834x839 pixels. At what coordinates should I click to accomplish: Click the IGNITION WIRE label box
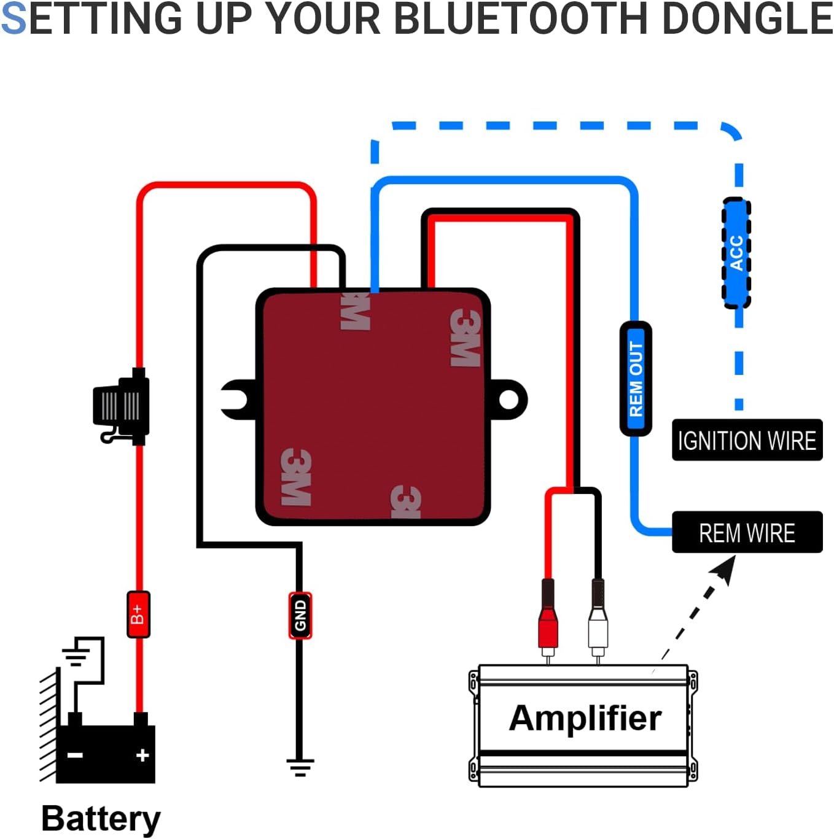(x=747, y=440)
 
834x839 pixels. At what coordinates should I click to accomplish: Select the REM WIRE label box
(x=747, y=532)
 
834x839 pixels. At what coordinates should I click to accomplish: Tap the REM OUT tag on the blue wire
(x=636, y=379)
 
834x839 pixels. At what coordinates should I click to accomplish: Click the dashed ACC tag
(x=736, y=253)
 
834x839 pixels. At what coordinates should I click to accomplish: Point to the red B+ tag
(x=138, y=614)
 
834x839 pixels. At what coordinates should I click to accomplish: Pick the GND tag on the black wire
(x=300, y=616)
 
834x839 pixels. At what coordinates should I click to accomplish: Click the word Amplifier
(x=585, y=717)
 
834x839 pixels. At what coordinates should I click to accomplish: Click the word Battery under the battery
(x=101, y=818)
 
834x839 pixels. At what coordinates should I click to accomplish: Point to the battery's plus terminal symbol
(x=142, y=755)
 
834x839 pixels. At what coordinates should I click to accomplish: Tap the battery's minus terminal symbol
(x=75, y=755)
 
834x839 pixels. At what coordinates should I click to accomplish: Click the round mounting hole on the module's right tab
(x=509, y=400)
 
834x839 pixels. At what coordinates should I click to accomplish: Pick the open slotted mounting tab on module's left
(x=236, y=400)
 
